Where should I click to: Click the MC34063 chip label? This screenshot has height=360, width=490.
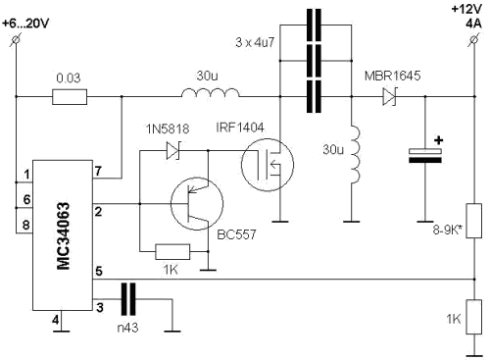click(x=64, y=235)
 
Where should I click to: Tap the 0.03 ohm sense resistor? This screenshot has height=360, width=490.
click(x=70, y=97)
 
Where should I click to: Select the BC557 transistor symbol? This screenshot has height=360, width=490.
click(x=197, y=204)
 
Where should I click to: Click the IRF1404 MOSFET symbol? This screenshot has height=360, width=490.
click(x=268, y=165)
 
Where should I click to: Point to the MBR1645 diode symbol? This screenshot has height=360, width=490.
click(x=389, y=97)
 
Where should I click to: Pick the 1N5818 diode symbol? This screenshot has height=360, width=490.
click(x=172, y=150)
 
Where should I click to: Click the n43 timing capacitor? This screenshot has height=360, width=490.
click(x=128, y=299)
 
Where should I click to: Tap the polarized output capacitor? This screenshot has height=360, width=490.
click(x=425, y=156)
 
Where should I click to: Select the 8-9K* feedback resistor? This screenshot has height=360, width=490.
click(x=474, y=221)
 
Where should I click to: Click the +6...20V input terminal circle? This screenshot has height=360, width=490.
click(x=16, y=39)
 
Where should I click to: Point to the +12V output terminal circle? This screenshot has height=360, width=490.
click(x=474, y=39)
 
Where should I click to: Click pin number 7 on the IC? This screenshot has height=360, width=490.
click(x=98, y=171)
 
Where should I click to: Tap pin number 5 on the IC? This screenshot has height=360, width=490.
click(x=99, y=272)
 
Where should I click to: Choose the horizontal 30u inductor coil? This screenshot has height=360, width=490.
click(x=210, y=93)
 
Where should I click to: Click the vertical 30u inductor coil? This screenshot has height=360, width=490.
click(x=356, y=155)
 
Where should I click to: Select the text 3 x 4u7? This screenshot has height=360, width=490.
click(x=255, y=42)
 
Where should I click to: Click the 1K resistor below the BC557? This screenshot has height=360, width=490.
click(x=172, y=252)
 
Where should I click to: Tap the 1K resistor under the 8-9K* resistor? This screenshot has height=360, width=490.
click(x=474, y=317)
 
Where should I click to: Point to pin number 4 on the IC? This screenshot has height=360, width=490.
click(x=56, y=320)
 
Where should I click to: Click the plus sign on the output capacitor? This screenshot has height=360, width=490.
click(x=439, y=140)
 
